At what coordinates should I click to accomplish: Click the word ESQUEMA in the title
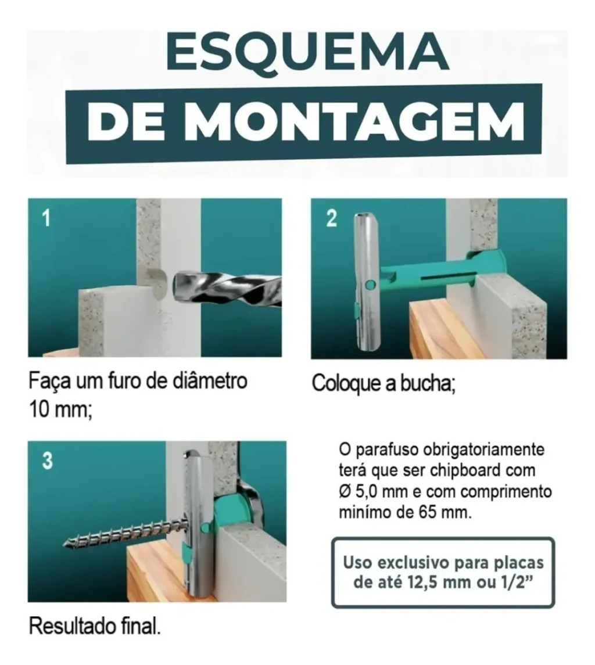(307, 54)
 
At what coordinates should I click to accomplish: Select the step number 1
(46, 218)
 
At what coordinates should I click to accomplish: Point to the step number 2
(331, 218)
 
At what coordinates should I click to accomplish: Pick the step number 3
(48, 461)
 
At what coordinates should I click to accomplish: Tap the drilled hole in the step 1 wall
(153, 283)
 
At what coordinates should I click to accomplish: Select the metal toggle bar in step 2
(365, 282)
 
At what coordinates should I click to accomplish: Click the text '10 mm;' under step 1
(60, 409)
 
